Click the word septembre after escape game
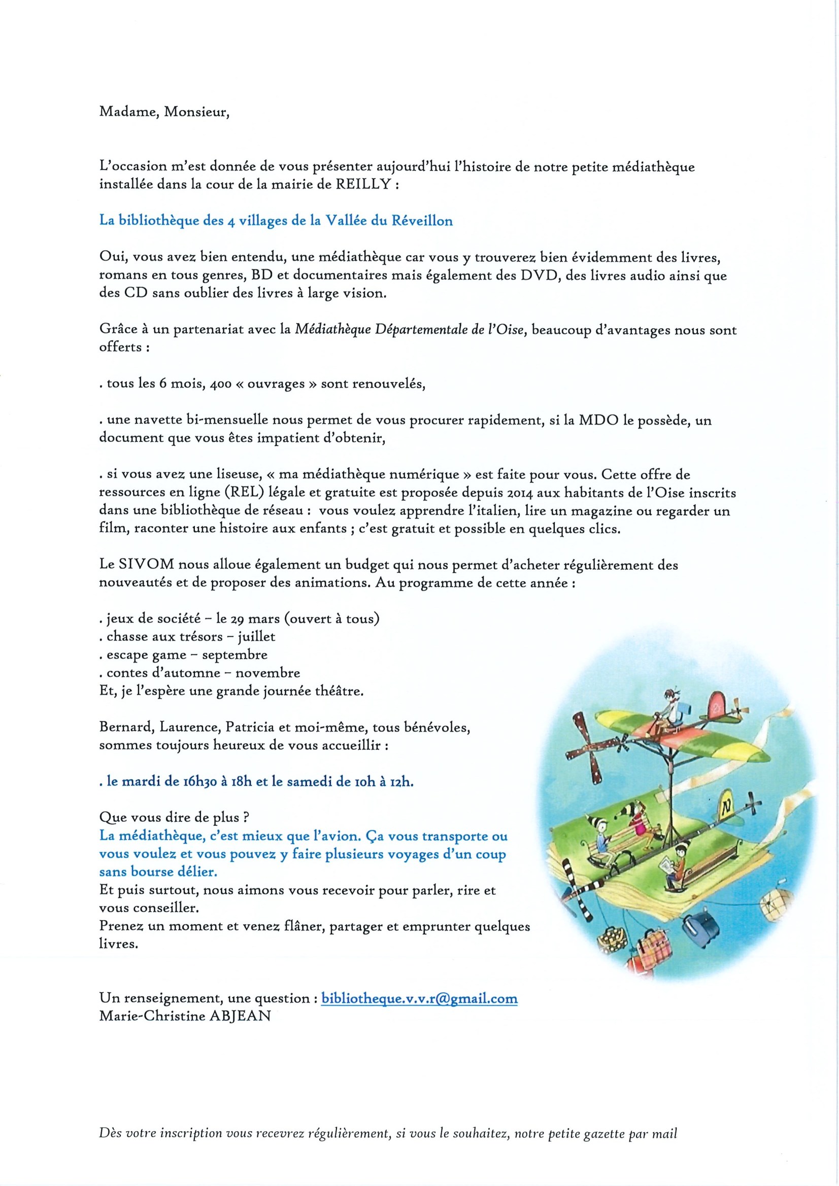234,655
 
